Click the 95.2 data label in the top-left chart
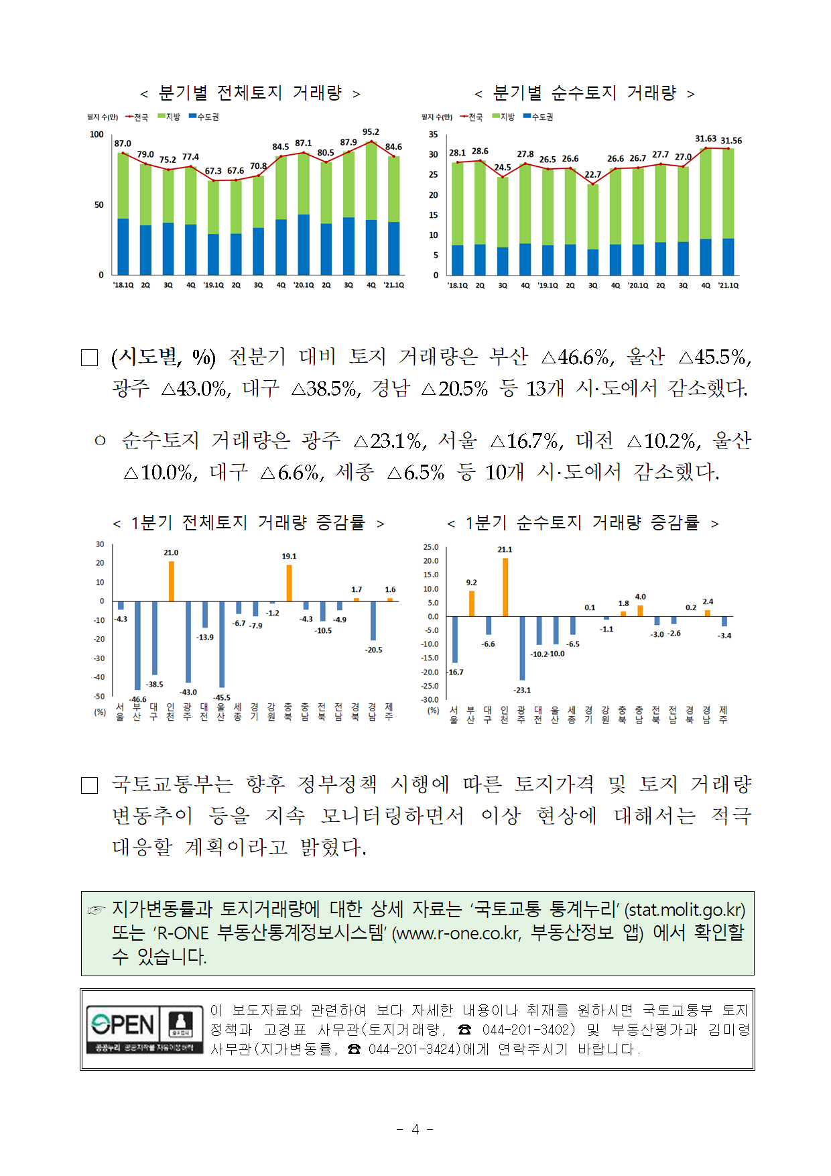tap(371, 132)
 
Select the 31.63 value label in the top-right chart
tap(706, 139)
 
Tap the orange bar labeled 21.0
tap(171, 581)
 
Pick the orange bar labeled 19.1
tap(289, 583)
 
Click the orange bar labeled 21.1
tap(505, 587)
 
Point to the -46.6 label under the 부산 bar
tap(137, 699)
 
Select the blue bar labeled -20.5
tap(373, 620)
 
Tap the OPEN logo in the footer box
tap(123, 1024)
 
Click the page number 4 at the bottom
tap(415, 1130)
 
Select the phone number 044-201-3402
tap(528, 1029)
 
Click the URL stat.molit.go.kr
tap(685, 910)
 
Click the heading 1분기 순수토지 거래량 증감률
tap(582, 522)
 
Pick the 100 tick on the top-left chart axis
tap(97, 134)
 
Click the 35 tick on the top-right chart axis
tap(434, 134)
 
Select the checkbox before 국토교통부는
tap(89, 785)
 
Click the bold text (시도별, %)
tap(164, 357)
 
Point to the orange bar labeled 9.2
tap(472, 603)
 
